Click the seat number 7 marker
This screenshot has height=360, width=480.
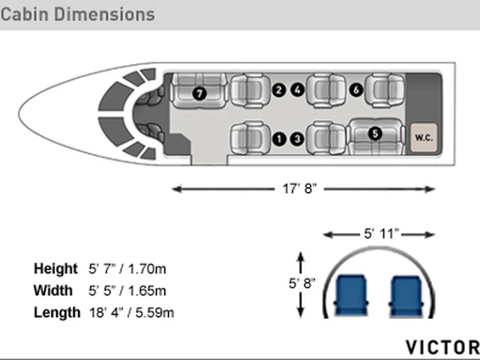(199, 93)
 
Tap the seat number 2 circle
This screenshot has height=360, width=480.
(278, 90)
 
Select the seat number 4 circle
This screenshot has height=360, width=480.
(297, 90)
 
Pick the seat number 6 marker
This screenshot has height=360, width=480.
(356, 90)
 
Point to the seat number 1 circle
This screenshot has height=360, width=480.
(279, 139)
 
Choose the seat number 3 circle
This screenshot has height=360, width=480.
(297, 139)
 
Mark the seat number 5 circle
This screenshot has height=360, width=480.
(375, 133)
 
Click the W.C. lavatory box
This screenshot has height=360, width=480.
(424, 137)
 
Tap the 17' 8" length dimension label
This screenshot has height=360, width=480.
(299, 188)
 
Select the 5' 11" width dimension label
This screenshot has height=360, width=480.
(382, 234)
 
